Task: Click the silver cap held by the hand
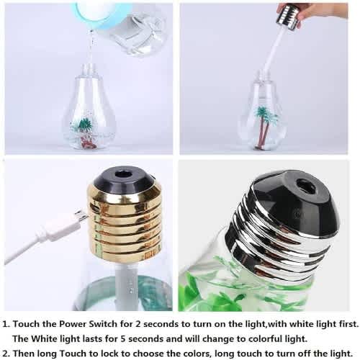coord(289,19)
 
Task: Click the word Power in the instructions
coord(73,324)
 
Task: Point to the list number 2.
coord(6,354)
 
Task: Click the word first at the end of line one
coord(348,324)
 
